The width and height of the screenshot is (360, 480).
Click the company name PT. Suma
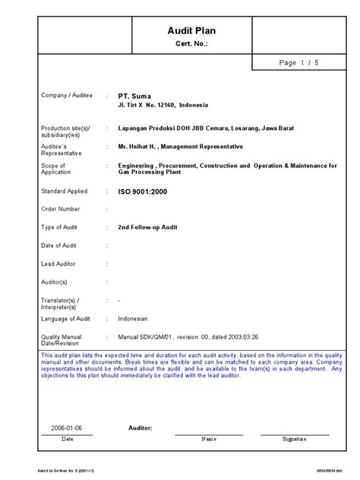pyautogui.click(x=134, y=96)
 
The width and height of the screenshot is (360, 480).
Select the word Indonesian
pyautogui.click(x=133, y=318)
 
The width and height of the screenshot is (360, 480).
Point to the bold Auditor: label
pyautogui.click(x=141, y=428)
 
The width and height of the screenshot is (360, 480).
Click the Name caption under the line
pyautogui.click(x=209, y=439)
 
